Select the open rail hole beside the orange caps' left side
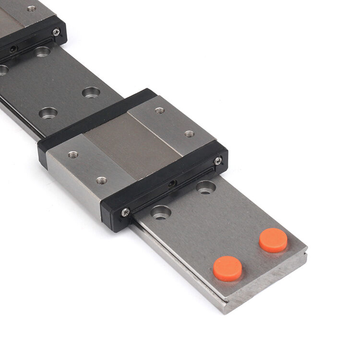point(161,212)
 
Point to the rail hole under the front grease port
point(205,187)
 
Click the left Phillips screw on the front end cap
point(125,212)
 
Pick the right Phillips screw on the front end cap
point(218,161)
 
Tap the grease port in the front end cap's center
point(172,183)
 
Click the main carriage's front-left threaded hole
point(101,180)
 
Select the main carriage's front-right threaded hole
point(189,133)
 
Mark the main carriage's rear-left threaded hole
point(73,155)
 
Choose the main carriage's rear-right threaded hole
point(160,110)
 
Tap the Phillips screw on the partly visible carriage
point(56,32)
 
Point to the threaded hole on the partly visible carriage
point(32,8)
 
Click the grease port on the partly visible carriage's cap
point(13,48)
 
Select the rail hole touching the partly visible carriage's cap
point(42,51)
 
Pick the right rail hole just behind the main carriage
point(91,92)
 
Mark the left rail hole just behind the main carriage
point(48,113)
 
